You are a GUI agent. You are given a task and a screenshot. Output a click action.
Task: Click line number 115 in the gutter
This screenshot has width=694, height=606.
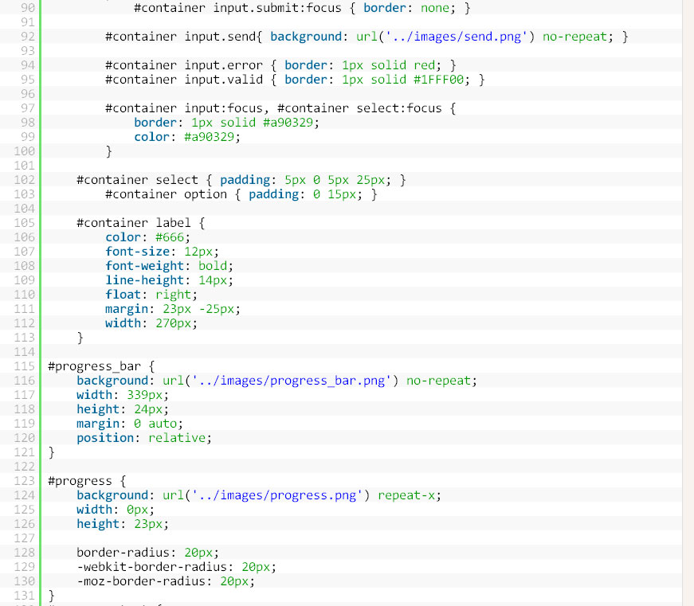[24, 366]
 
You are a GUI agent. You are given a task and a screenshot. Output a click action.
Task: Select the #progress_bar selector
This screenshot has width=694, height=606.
[94, 366]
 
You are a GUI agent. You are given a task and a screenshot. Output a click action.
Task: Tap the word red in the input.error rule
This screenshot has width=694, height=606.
[425, 65]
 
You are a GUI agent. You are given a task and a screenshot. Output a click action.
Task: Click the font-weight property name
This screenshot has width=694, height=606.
[144, 266]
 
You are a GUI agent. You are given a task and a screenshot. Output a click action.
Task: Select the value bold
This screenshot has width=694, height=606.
[213, 266]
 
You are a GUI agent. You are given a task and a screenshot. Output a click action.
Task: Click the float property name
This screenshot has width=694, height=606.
[123, 295]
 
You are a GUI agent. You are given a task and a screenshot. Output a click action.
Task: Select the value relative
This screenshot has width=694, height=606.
[177, 438]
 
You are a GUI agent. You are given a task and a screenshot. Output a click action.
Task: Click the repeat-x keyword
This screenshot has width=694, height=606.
[406, 495]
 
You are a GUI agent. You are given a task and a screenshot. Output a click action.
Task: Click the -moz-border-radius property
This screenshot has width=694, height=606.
[141, 581]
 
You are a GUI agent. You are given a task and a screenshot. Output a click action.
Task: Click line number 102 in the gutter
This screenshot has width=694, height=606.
[24, 180]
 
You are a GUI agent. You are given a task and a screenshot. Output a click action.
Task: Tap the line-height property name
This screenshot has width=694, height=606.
[144, 280]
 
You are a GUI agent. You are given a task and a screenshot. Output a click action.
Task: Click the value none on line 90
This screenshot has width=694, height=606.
[434, 8]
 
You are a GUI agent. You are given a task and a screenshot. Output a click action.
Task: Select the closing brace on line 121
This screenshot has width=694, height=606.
[51, 452]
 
